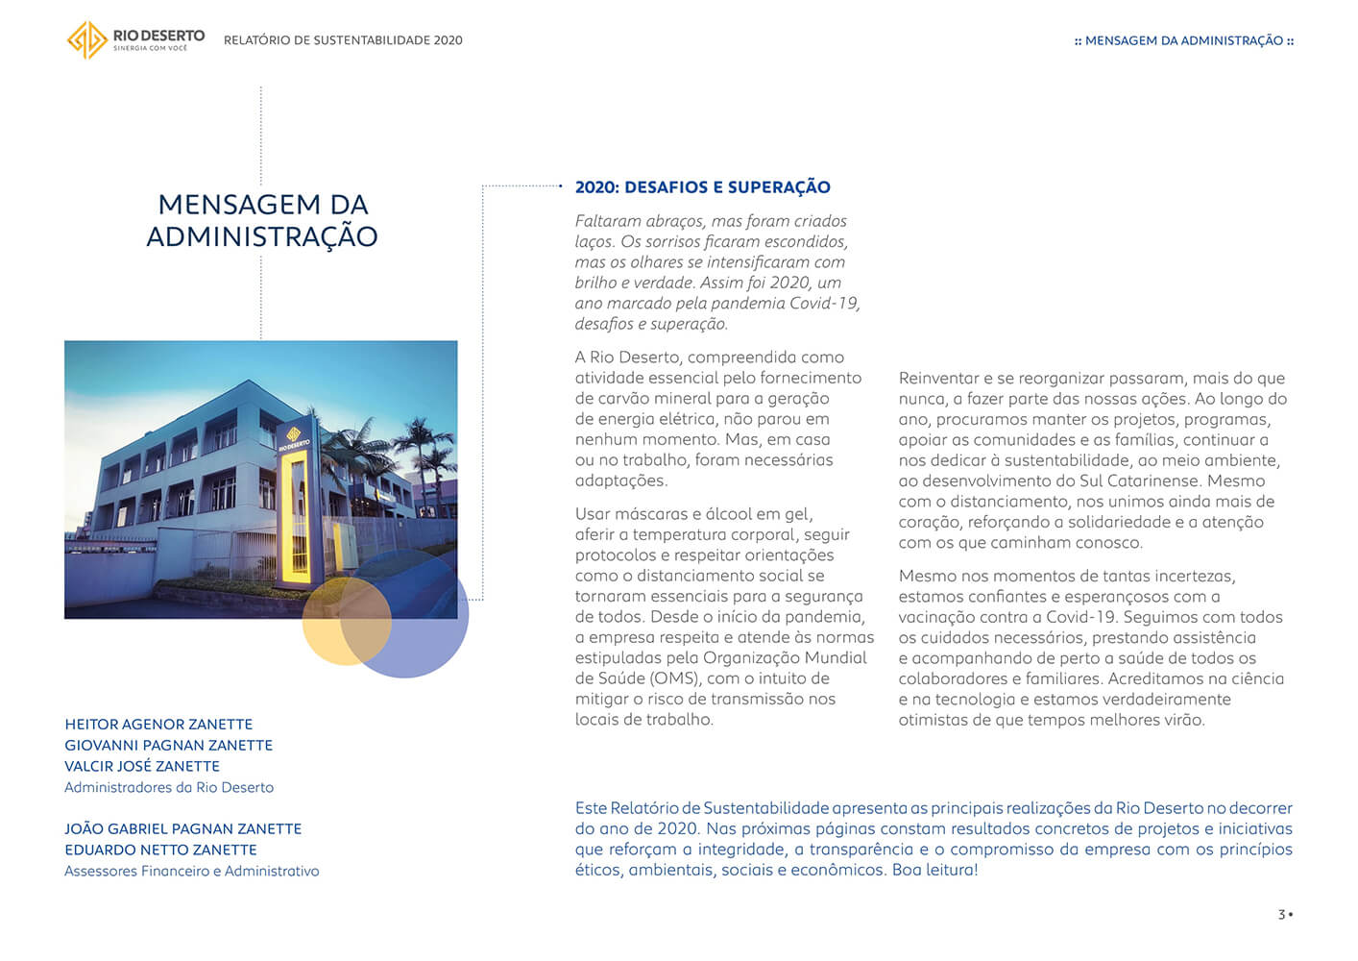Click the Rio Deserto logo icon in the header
[x=86, y=40]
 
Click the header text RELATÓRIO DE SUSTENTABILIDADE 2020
[x=343, y=40]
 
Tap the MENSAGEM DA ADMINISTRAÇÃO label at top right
[x=1184, y=41]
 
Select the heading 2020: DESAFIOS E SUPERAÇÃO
[x=702, y=187]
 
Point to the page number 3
[x=1281, y=914]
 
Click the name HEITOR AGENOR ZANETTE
[x=158, y=725]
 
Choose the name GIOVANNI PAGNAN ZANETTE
[x=168, y=746]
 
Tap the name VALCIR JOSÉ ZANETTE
[x=142, y=767]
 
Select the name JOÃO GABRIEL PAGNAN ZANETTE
[x=182, y=829]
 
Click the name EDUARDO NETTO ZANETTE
[x=160, y=850]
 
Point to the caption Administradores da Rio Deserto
[x=169, y=788]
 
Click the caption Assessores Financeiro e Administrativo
[x=191, y=872]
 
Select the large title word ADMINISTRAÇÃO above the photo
[x=261, y=237]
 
